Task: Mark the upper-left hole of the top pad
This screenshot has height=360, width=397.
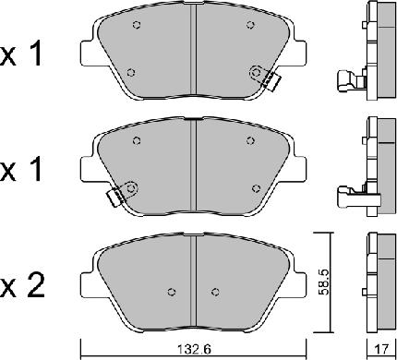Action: (x=136, y=25)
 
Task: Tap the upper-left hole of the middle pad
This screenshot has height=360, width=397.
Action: (x=137, y=141)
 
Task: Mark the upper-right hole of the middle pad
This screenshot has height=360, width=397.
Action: (x=251, y=141)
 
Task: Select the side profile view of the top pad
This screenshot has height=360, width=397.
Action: (x=379, y=51)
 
